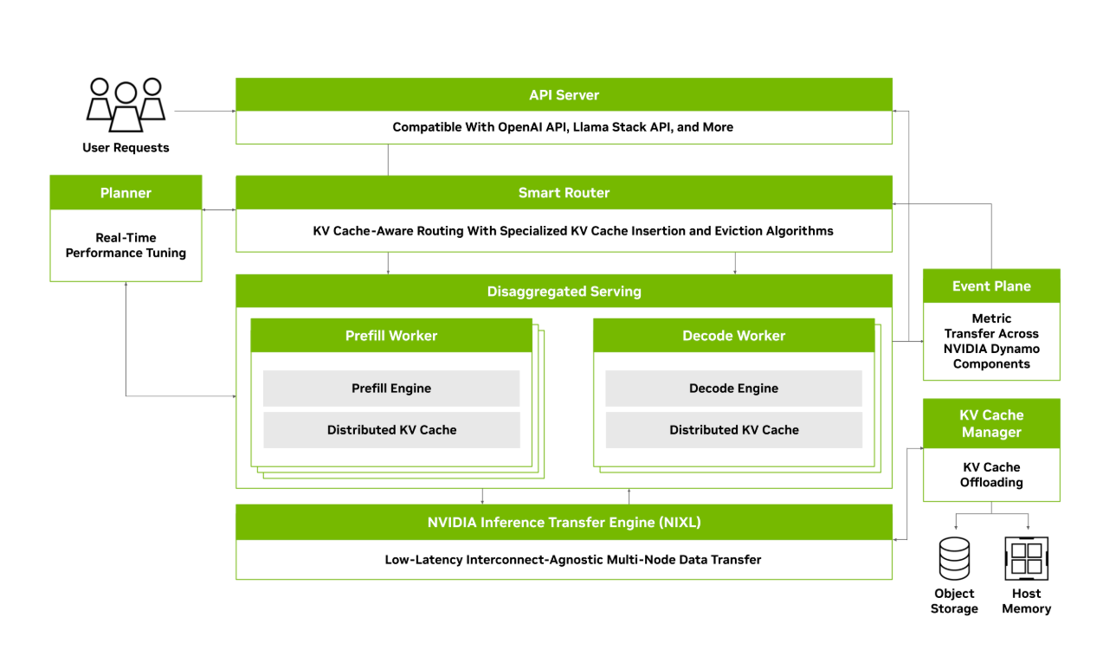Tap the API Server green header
tap(564, 95)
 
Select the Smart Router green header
tap(564, 193)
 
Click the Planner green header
tap(126, 193)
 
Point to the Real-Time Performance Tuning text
tap(126, 245)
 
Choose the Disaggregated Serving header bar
tap(564, 292)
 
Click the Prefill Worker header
tap(391, 336)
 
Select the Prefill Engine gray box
tap(391, 389)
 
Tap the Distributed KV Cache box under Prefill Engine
tap(391, 430)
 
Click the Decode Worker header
tap(733, 336)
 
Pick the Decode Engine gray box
tap(733, 389)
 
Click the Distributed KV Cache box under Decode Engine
tap(733, 430)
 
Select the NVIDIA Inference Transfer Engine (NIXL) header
tap(564, 523)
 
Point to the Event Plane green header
tap(991, 286)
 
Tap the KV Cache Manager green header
tap(991, 423)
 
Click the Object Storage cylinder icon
tap(954, 558)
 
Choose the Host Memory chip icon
tap(1027, 558)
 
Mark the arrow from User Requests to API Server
tap(205, 111)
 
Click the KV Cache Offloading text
tap(991, 474)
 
